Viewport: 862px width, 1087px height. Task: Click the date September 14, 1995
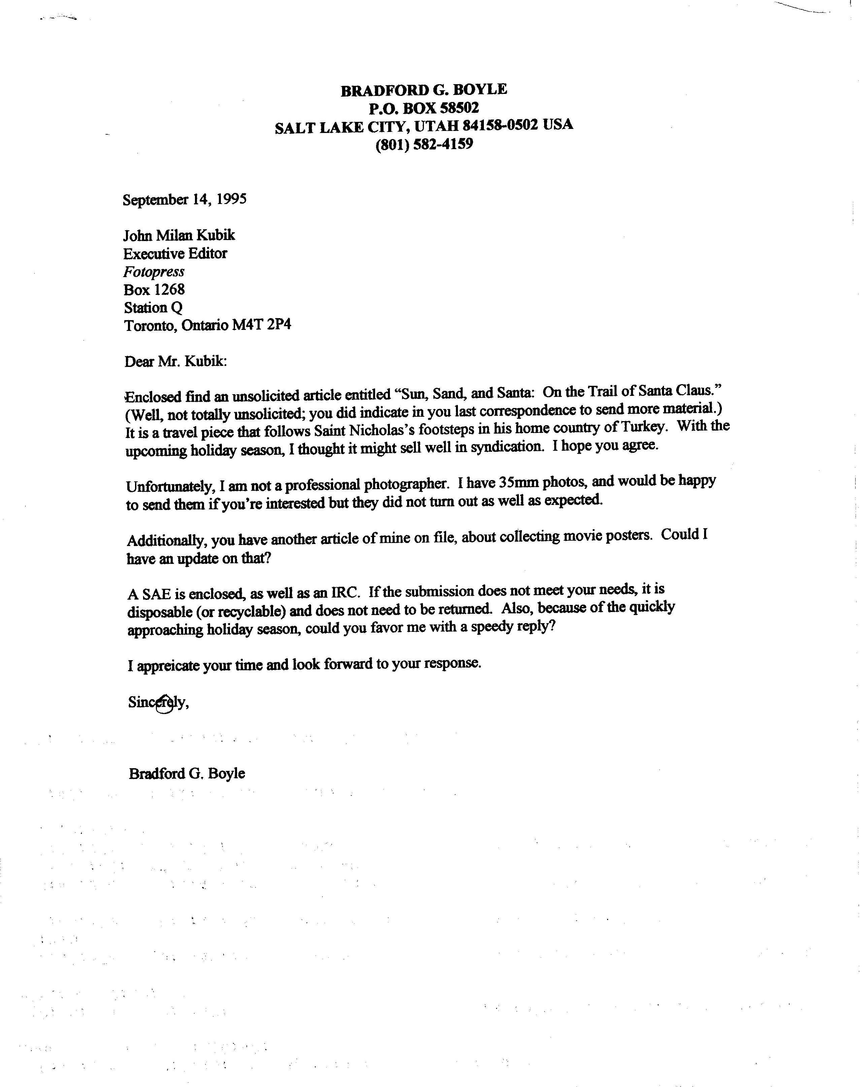[185, 199]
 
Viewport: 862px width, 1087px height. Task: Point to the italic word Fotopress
[154, 272]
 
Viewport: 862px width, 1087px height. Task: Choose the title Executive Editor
[175, 253]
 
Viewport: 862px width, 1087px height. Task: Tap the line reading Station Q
[153, 307]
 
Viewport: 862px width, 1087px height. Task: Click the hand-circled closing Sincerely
[158, 702]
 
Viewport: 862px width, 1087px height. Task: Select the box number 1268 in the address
[169, 290]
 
